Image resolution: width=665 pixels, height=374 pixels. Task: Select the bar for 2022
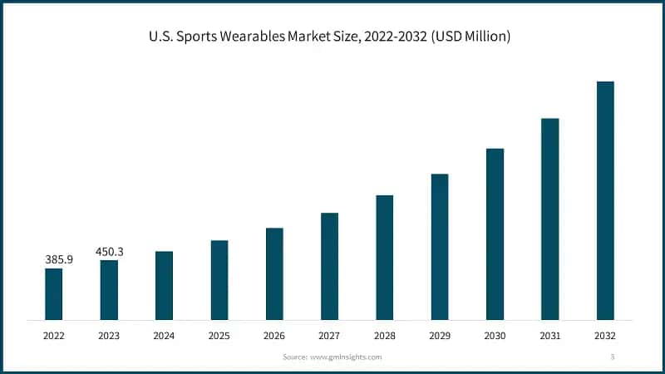53,294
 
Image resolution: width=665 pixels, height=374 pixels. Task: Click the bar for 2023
109,290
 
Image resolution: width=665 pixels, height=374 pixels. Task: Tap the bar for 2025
219,280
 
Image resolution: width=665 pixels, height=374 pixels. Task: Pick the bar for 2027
329,266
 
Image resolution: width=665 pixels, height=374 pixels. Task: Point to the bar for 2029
440,247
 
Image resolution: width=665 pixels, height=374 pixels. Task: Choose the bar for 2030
495,234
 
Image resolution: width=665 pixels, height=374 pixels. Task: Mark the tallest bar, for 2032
605,200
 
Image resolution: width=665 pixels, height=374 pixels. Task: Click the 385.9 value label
58,259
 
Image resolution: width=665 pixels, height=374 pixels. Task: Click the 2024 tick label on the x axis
164,336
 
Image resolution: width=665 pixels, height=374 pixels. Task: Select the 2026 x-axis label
274,336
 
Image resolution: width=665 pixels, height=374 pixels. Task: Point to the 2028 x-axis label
385,336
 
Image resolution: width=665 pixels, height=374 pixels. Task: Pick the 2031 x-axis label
549,336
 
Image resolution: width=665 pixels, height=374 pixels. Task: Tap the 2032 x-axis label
605,336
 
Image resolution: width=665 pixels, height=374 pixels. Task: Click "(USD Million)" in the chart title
469,37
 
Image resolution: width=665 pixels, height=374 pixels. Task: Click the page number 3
612,357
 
